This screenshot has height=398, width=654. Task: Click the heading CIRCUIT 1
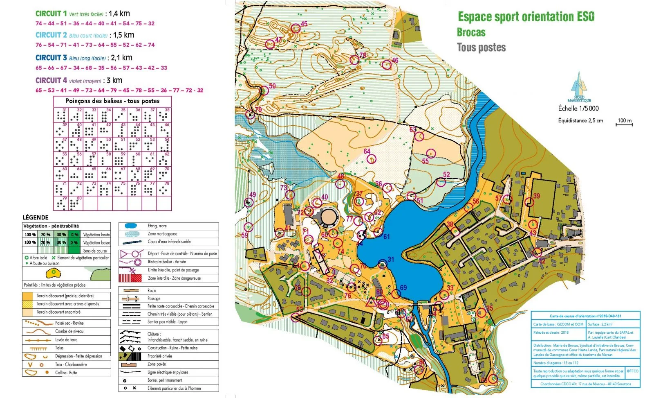pyautogui.click(x=51, y=14)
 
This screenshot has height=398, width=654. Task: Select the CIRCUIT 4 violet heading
pyautogui.click(x=51, y=80)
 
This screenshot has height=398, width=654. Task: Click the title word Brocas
pyautogui.click(x=471, y=32)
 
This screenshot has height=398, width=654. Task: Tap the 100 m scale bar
pyautogui.click(x=624, y=123)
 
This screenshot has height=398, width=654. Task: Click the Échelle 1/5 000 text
pyautogui.click(x=578, y=109)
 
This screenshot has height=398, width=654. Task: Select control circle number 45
pyautogui.click(x=296, y=29)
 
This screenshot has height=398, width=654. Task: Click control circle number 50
pyautogui.click(x=264, y=90)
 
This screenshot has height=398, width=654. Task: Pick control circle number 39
pyautogui.click(x=529, y=202)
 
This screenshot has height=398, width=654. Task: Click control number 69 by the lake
pyautogui.click(x=396, y=293)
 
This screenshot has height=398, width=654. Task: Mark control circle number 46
pyautogui.click(x=386, y=65)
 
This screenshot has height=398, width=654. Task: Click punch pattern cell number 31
pyautogui.click(x=61, y=115)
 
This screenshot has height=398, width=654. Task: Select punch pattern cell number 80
pyautogui.click(x=75, y=203)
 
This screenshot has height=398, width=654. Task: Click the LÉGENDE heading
pyautogui.click(x=36, y=217)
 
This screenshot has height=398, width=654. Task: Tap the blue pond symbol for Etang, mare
pyautogui.click(x=131, y=226)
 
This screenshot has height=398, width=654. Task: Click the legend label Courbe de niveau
pyautogui.click(x=69, y=331)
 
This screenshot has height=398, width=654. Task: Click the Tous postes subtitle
pyautogui.click(x=481, y=47)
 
